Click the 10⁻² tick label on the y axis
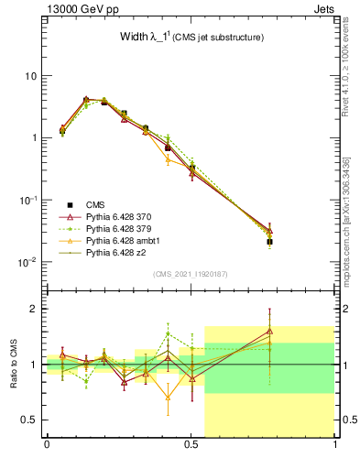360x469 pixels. (25, 262)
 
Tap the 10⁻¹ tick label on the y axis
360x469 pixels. (25, 200)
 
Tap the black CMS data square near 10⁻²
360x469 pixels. (269, 242)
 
